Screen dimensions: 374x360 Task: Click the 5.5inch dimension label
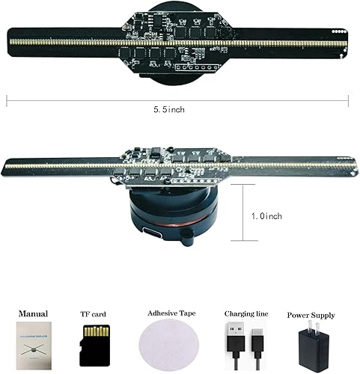coord(169,110)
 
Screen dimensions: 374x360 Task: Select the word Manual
coord(34,313)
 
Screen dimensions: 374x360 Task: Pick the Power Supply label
coord(310,315)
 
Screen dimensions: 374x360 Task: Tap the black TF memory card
coord(95,346)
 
